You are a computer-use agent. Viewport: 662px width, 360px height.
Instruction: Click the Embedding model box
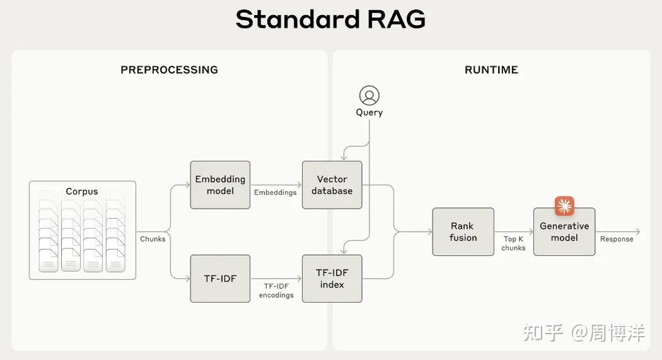(x=220, y=185)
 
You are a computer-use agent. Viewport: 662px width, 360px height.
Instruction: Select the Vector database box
(x=332, y=185)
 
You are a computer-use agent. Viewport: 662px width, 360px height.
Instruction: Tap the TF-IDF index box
(x=332, y=279)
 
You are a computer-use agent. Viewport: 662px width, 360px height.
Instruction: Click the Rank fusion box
(x=463, y=232)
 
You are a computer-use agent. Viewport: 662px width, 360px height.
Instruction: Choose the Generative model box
(x=564, y=232)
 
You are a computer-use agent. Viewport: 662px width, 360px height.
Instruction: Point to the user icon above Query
(x=369, y=95)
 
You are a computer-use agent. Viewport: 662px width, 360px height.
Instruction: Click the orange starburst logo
(x=564, y=206)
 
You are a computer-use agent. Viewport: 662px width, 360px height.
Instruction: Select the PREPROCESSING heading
(x=170, y=69)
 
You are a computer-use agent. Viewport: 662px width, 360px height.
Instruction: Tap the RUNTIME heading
(x=491, y=69)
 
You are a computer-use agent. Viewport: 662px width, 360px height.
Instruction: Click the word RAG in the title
(x=397, y=20)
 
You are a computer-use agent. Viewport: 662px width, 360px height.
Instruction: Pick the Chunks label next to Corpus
(x=153, y=239)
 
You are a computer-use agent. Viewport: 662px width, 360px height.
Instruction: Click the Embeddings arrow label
(x=276, y=192)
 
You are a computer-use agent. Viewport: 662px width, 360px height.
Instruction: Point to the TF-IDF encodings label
(x=276, y=291)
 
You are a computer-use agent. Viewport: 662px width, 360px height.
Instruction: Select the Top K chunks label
(x=513, y=243)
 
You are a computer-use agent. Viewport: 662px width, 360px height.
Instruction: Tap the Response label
(x=617, y=239)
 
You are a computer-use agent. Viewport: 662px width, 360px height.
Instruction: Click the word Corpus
(x=82, y=192)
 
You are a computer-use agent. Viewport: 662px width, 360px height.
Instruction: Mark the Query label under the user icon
(x=369, y=113)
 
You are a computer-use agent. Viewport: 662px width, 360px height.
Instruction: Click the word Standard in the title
(x=298, y=20)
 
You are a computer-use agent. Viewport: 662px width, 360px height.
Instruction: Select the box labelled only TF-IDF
(x=220, y=279)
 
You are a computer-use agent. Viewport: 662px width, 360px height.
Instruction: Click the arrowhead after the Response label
(x=638, y=232)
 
